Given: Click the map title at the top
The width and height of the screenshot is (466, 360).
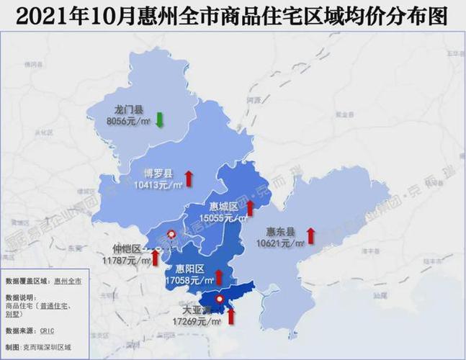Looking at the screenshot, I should click(232, 15).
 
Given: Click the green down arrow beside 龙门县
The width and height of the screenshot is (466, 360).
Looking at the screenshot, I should click(159, 118).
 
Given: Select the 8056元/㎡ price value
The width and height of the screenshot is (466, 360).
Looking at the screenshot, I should click(128, 122).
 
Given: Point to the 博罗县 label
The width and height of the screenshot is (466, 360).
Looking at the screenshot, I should click(159, 174).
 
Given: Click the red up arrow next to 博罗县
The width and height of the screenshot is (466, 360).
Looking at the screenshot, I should click(189, 178).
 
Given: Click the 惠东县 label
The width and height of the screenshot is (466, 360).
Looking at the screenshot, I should click(280, 232).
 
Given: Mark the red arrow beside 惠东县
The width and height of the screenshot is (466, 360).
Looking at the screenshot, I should click(310, 235).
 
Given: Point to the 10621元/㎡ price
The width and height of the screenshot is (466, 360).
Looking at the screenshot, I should click(282, 243).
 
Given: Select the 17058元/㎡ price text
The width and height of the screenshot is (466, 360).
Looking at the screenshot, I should click(189, 279).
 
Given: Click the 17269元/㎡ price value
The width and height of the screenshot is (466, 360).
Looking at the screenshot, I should click(200, 321).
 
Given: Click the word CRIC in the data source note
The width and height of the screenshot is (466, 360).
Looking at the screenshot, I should click(48, 330).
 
